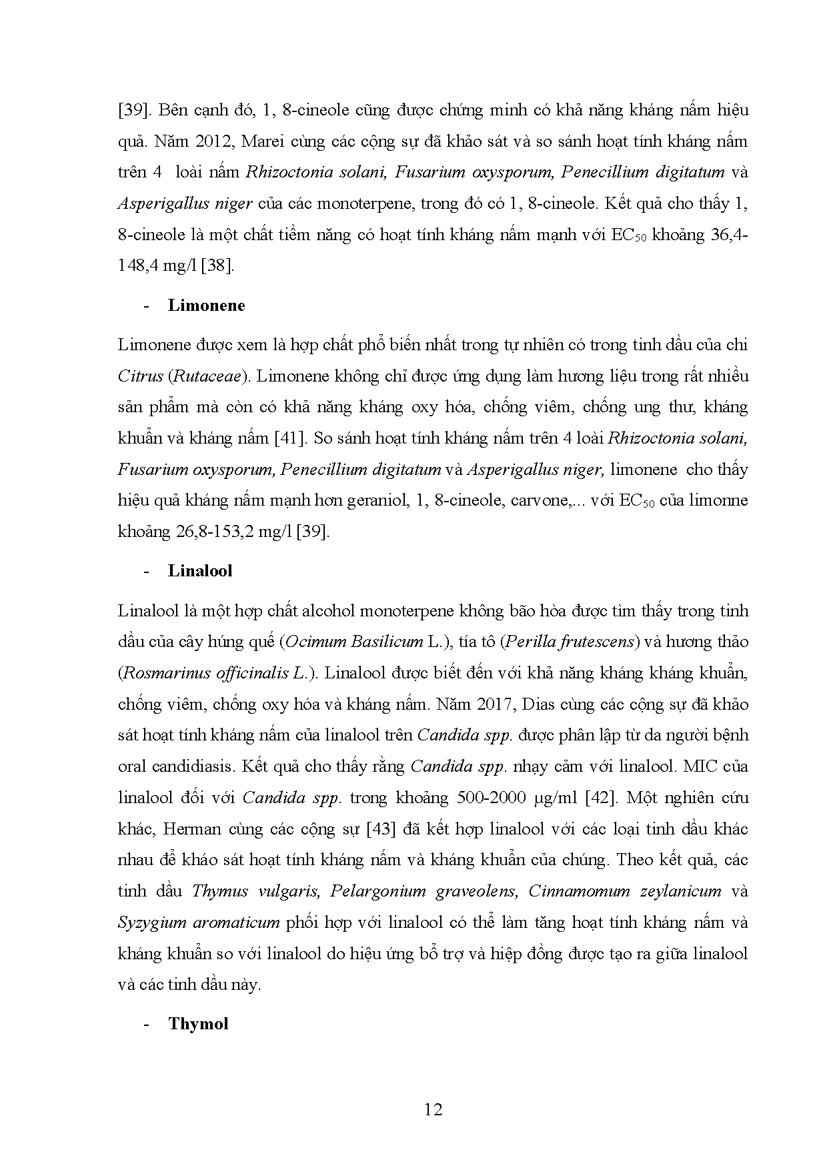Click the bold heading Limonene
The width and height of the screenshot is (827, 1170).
[206, 306]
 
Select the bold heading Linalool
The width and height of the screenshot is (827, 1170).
[200, 571]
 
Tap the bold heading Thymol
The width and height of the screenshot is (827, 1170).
[198, 1024]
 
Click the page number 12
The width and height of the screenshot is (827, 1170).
[433, 1110]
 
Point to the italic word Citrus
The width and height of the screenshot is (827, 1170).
[140, 376]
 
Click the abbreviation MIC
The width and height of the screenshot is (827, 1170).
[700, 766]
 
